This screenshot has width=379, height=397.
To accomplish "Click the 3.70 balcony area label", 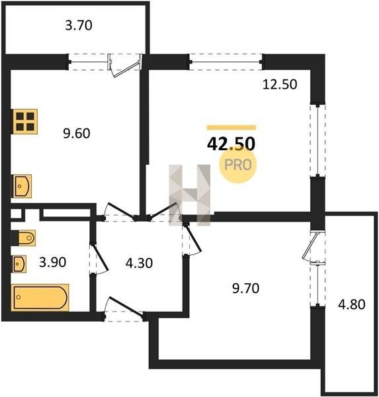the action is pyautogui.click(x=79, y=26).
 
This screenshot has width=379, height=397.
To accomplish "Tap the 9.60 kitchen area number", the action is pyautogui.click(x=77, y=134).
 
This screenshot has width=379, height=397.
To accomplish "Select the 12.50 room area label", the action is pyautogui.click(x=280, y=84).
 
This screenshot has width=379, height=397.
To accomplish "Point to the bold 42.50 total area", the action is pyautogui.click(x=231, y=144).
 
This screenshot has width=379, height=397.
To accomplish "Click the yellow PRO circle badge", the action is pyautogui.click(x=238, y=165).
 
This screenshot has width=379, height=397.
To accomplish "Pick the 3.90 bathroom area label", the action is pyautogui.click(x=53, y=262).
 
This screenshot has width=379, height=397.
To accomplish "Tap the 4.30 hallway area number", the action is pyautogui.click(x=139, y=263).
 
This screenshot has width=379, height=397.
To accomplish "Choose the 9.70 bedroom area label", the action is pyautogui.click(x=245, y=288).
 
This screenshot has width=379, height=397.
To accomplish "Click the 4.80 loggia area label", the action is pyautogui.click(x=352, y=304).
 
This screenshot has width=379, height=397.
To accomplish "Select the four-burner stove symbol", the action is pyautogui.click(x=25, y=122).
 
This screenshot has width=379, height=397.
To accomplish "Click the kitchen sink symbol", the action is pyautogui.click(x=22, y=187).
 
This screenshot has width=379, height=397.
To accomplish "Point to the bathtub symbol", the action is pyautogui.click(x=40, y=298).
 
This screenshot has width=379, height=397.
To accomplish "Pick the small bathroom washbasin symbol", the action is pyautogui.click(x=19, y=264).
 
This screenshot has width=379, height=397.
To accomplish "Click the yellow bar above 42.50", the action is pyautogui.click(x=232, y=128).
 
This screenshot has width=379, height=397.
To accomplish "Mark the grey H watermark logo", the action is pyautogui.click(x=190, y=195).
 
